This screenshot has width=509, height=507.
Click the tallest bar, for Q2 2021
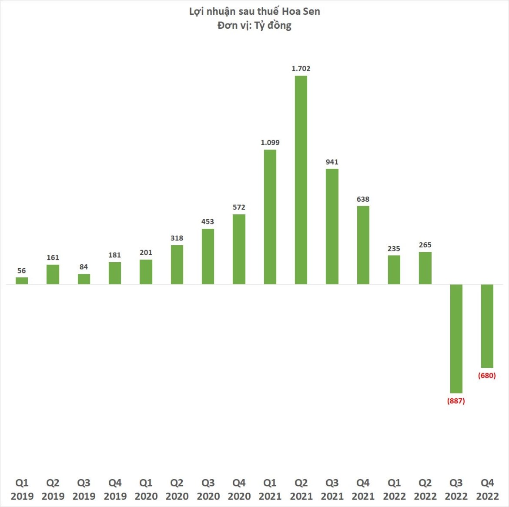301,180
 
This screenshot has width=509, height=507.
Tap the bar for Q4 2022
487,326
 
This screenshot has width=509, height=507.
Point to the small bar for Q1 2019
22,280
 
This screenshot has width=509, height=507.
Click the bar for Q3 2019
84,279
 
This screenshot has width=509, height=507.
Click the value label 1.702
301,69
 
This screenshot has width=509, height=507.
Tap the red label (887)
456,401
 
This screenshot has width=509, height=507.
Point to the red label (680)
487,376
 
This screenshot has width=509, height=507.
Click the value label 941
332,162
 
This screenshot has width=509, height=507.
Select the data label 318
177,238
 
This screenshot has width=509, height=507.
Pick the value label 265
425,245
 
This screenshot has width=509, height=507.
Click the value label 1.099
270,143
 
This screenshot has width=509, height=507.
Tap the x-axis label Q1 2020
146,490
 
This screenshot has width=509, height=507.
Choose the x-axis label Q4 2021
363,490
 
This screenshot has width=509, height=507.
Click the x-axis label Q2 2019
53,490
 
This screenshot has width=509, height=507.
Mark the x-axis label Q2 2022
425,490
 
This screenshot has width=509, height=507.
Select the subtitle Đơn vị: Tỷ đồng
254,25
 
